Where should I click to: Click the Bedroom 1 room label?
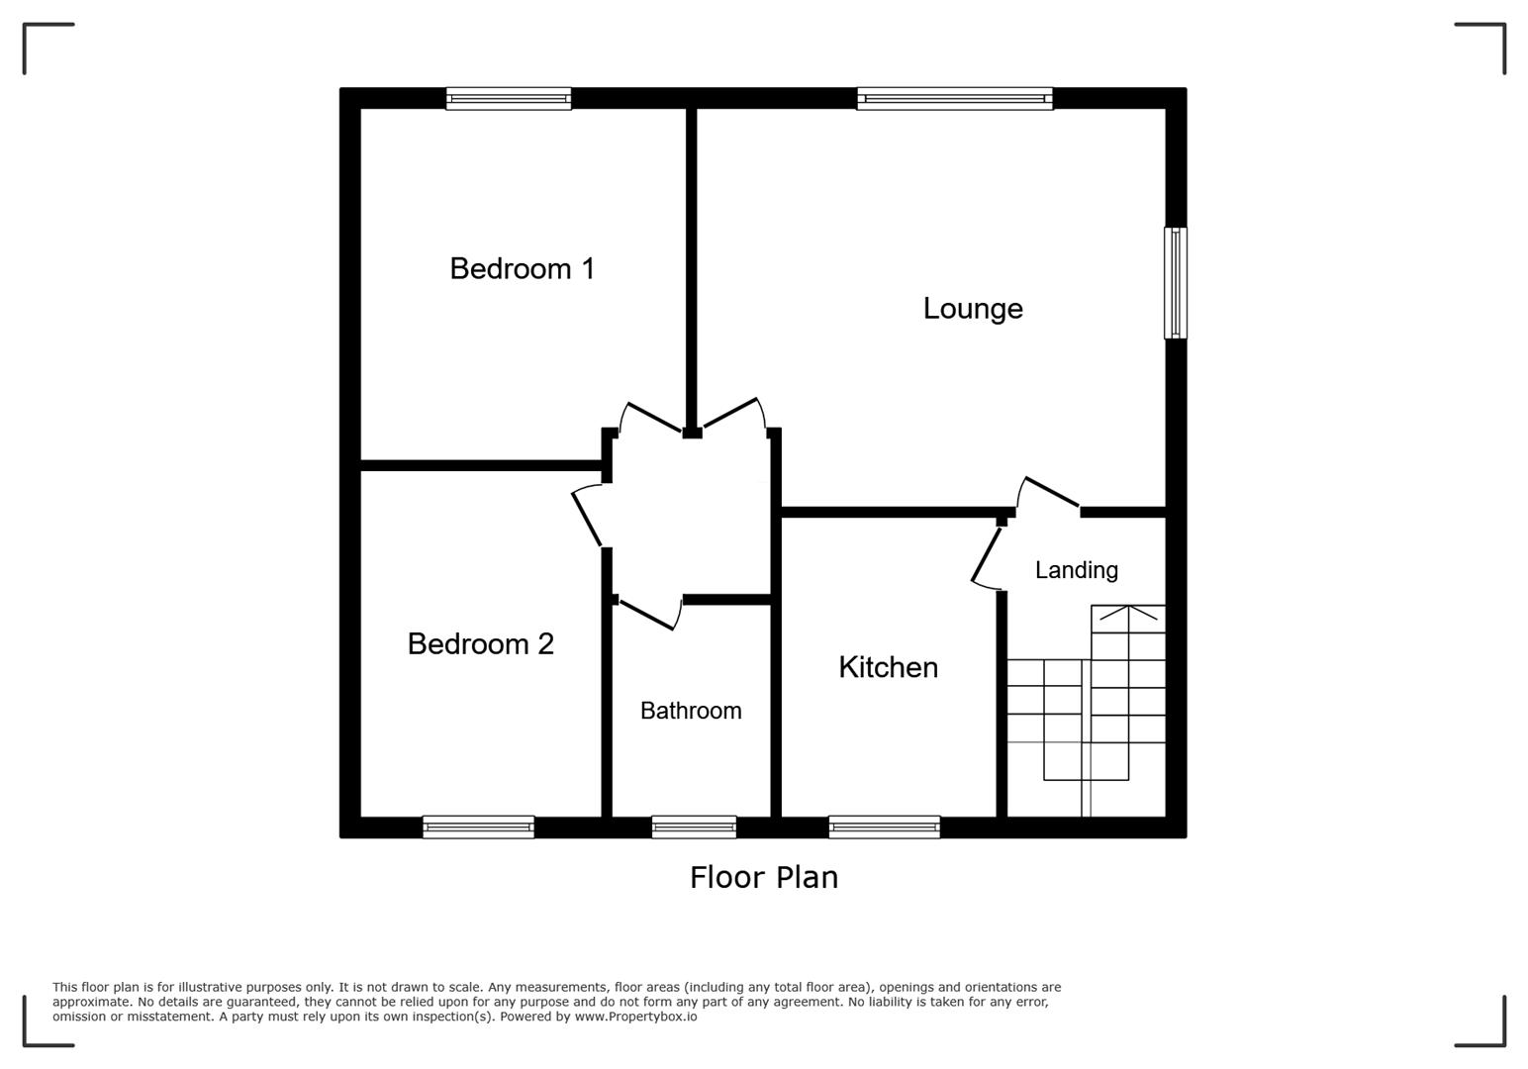[522, 268]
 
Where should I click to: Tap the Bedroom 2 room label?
[480, 644]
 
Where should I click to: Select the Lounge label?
[973, 309]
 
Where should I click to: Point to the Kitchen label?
[888, 667]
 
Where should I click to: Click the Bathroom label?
[691, 711]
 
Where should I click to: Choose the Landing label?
[1077, 570]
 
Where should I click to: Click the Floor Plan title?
[763, 877]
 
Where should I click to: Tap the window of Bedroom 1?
[509, 98]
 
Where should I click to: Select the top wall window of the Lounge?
[955, 98]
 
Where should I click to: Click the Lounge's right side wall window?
[1175, 283]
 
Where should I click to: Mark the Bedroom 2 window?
[478, 826]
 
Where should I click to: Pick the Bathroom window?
[694, 826]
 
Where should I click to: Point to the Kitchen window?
[884, 826]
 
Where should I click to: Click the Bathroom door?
[646, 614]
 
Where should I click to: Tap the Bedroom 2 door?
[587, 517]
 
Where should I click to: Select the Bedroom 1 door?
[651, 417]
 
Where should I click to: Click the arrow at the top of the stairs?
[1128, 616]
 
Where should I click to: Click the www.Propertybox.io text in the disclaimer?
[635, 1017]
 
